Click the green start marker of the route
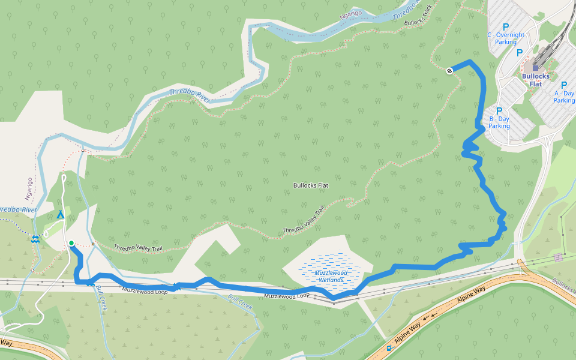pyautogui.click(x=71, y=243)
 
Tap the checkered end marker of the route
pyautogui.click(x=449, y=71)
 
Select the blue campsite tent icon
pyautogui.click(x=60, y=215)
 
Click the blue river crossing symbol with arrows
pyautogui.click(x=35, y=239)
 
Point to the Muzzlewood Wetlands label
pyautogui.click(x=329, y=276)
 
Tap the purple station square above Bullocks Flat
pyautogui.click(x=536, y=68)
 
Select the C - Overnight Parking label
pyautogui.click(x=506, y=38)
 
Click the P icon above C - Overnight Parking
pyautogui.click(x=505, y=27)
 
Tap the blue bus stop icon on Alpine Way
pyautogui.click(x=389, y=347)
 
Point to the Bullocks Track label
pyautogui.click(x=418, y=17)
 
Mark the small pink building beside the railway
pyautogui.click(x=559, y=257)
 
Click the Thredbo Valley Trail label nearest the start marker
pyautogui.click(x=137, y=248)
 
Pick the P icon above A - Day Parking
pyautogui.click(x=564, y=85)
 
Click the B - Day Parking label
pyautogui.click(x=499, y=122)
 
